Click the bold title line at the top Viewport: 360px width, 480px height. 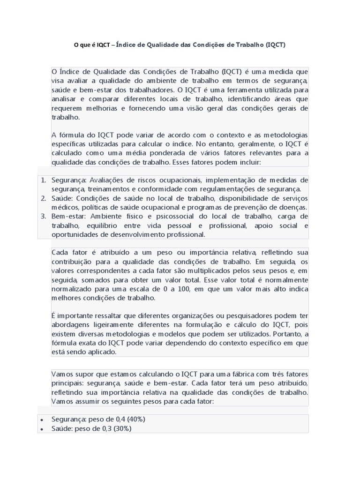180,45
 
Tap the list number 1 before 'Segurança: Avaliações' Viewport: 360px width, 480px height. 42,180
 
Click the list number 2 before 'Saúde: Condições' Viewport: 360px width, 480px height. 42,198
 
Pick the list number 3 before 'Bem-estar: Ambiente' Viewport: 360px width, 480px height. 42,216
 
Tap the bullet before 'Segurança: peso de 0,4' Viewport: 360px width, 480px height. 42,420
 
